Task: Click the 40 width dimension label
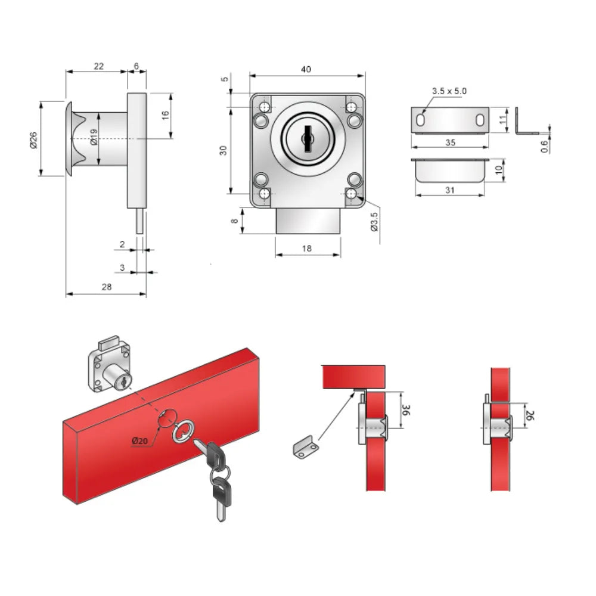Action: tap(306, 69)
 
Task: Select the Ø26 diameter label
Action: tap(33, 140)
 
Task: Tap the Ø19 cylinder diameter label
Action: tap(94, 137)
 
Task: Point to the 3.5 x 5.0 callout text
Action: tap(449, 91)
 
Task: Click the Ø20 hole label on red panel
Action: tap(139, 441)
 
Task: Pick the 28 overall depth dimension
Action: tap(107, 287)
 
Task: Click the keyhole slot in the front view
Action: tap(308, 139)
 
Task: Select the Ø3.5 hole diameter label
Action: tap(374, 222)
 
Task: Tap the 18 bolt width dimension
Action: tap(307, 249)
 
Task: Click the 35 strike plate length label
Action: tap(450, 142)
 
